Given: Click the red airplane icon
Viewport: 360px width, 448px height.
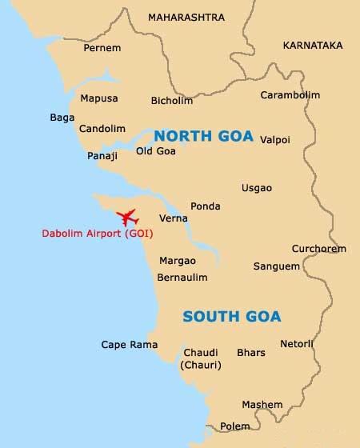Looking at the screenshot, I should coord(127,217).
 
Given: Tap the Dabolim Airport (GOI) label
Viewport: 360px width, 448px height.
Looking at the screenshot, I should coord(98,235).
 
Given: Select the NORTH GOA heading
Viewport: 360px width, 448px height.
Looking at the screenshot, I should coord(203,136).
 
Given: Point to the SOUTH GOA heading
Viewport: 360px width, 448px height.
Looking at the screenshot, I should coord(232,316).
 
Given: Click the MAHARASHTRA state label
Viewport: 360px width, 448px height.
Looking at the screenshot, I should coord(186,17).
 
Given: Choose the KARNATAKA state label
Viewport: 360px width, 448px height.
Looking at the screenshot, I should coord(312,46).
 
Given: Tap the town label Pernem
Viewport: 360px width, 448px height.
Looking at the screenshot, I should coord(102,48).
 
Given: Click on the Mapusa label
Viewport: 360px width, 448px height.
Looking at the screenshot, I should coord(99,98).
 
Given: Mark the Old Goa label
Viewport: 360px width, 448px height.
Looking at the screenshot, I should coord(155,150).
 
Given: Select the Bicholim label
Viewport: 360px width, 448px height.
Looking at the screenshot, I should coord(172,101).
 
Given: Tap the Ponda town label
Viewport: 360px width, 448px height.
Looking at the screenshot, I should coord(206,206).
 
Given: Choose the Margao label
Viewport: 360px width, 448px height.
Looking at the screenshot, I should coord(178,261).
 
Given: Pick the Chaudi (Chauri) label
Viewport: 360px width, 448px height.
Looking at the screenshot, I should coord(201,358).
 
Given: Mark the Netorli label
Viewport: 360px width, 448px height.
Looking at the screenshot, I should coord(297,344).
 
